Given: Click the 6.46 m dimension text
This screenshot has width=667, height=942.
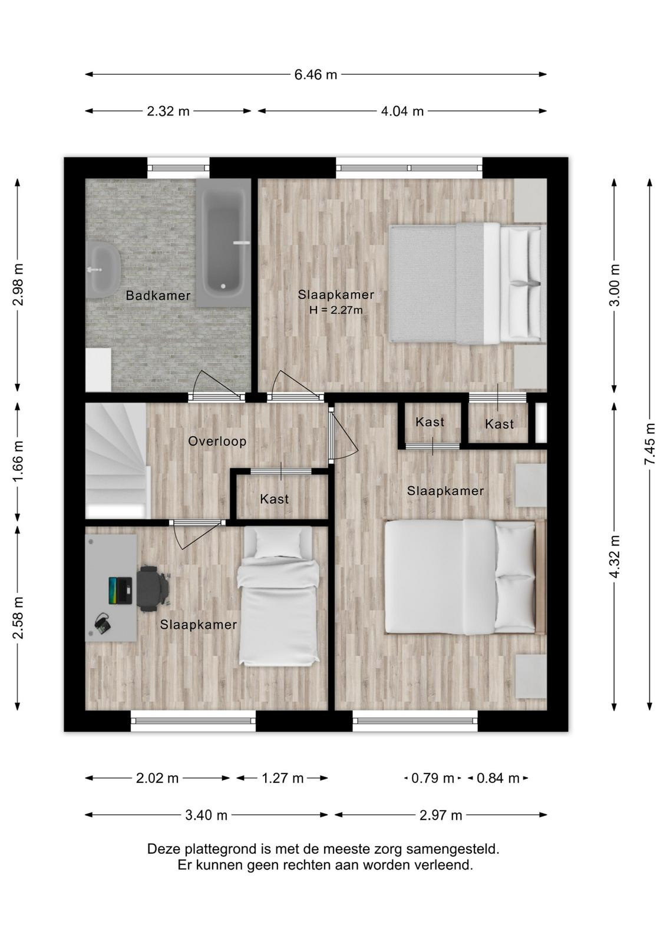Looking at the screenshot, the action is click(x=316, y=75).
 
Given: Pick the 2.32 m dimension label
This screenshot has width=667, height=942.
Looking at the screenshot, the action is click(x=168, y=111).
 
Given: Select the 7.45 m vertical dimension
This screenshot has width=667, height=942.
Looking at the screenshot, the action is click(x=650, y=444).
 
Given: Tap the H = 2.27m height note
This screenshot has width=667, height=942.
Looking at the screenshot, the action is click(x=336, y=310).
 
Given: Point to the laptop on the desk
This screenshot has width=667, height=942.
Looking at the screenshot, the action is click(x=120, y=591).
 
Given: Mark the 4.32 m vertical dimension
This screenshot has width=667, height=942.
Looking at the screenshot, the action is click(x=615, y=556).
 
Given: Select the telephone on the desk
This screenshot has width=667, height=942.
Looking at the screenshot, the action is click(x=103, y=624).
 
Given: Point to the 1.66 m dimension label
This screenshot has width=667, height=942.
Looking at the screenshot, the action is click(x=18, y=462).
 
